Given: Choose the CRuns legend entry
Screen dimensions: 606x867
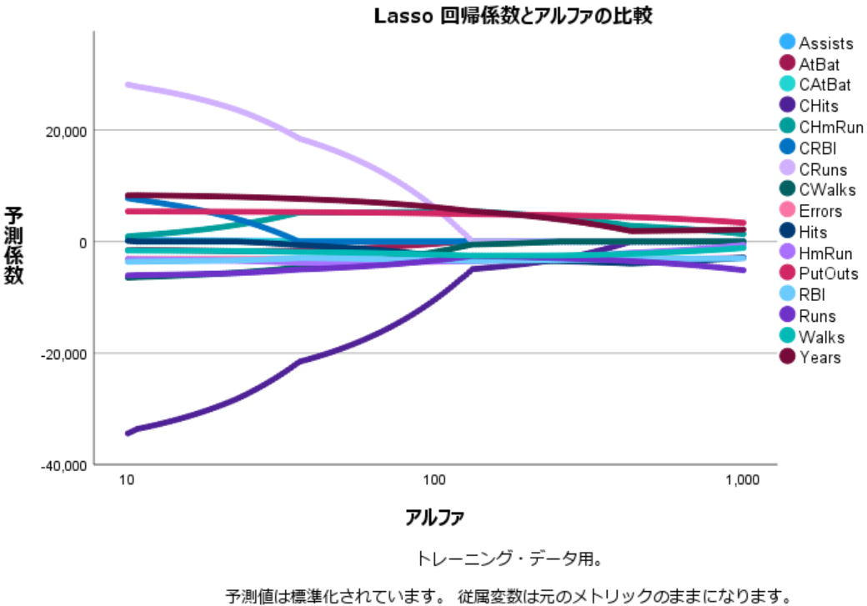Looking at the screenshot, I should point(822,169).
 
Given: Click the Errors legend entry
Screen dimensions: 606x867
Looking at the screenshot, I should point(820,211).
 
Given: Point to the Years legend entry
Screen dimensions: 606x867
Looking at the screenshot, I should point(819,358).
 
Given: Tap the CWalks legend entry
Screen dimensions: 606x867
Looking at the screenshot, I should point(823,190).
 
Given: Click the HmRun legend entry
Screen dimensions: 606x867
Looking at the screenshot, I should point(821,253).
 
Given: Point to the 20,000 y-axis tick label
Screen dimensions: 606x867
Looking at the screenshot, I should point(64,131).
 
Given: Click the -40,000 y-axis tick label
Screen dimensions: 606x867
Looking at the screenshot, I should point(63,465).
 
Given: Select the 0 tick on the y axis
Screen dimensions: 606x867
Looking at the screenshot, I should point(83,243).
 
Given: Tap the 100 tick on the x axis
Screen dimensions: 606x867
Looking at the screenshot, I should point(433,481).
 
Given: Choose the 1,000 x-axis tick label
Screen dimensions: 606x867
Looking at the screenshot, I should point(743,481).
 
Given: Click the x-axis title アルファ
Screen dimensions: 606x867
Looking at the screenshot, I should point(433,518).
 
